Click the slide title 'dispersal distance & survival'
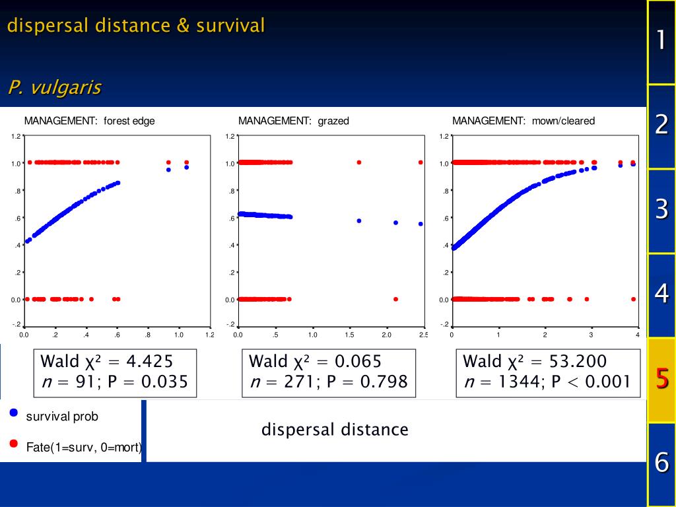[x=136, y=26]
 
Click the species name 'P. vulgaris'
[x=55, y=87]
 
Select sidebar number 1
[x=661, y=41]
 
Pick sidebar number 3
[x=661, y=210]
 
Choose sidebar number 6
[x=661, y=462]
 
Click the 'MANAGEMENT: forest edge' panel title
[x=89, y=121]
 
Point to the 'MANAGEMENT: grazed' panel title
[x=293, y=121]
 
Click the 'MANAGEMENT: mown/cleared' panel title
[x=523, y=121]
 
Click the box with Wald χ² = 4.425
[x=115, y=372]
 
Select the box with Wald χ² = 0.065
[x=329, y=372]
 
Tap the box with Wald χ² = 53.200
[x=547, y=372]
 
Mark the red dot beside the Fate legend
[x=13, y=444]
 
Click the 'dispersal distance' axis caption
[x=335, y=430]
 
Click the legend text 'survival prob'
[x=62, y=417]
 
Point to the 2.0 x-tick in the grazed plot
[x=387, y=335]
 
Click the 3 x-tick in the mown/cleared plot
[x=591, y=335]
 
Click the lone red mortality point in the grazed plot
[x=395, y=299]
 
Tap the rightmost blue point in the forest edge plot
[x=187, y=167]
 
